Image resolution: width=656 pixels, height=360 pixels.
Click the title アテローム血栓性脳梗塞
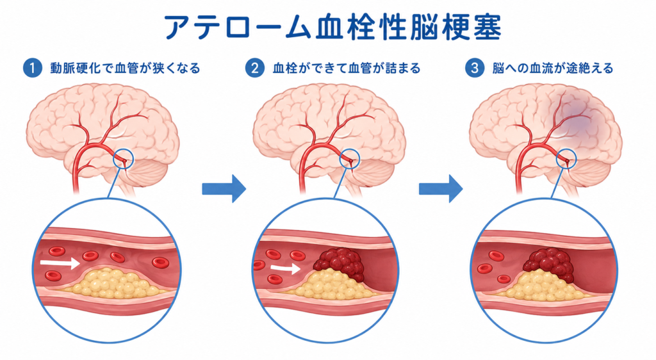[333, 28]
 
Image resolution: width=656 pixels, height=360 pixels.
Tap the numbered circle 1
[33, 68]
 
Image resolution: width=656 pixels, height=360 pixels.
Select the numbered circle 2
[255, 68]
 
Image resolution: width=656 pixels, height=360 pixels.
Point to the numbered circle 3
[475, 68]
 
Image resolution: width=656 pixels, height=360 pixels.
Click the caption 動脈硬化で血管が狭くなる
[126, 68]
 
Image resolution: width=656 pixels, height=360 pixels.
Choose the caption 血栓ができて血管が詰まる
[347, 68]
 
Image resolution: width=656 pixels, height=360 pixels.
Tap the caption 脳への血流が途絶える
[553, 68]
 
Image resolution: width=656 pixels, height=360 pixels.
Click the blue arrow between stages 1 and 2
[224, 189]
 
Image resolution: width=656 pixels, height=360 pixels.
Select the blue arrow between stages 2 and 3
[441, 189]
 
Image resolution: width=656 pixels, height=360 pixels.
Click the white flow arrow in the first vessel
[60, 263]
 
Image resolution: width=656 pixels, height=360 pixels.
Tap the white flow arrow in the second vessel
[286, 268]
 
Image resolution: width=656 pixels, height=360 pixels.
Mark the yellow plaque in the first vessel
[111, 283]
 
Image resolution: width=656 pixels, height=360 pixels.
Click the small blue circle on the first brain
[124, 160]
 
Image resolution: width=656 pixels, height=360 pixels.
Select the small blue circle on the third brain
[566, 160]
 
